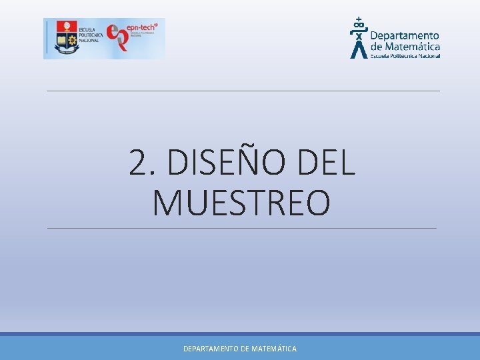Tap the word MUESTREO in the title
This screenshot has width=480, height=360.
click(x=241, y=203)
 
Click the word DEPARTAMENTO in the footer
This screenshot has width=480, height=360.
click(x=211, y=349)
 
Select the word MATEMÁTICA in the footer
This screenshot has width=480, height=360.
click(x=274, y=349)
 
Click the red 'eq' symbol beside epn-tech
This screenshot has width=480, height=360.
click(x=117, y=38)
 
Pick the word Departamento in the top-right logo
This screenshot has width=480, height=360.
click(x=404, y=36)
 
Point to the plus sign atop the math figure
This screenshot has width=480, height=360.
click(x=359, y=19)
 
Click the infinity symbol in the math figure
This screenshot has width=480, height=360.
click(x=359, y=27)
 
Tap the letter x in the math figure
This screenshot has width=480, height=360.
click(x=359, y=37)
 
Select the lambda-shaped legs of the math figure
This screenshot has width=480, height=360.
click(x=359, y=50)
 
